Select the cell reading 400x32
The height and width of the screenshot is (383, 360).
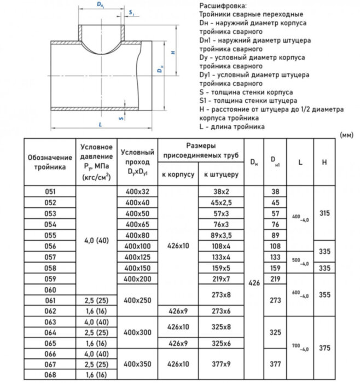click(x=137, y=192)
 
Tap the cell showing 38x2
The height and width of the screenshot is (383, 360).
click(x=220, y=192)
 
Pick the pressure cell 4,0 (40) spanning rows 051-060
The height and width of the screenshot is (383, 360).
click(x=96, y=240)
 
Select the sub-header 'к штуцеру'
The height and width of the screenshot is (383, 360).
click(x=220, y=175)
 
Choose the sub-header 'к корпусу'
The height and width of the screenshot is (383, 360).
click(x=178, y=175)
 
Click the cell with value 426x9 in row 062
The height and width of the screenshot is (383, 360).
click(x=178, y=311)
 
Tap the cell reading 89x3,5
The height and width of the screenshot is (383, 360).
click(x=220, y=235)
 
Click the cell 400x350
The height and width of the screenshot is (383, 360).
click(x=137, y=364)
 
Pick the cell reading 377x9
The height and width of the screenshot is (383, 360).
click(x=220, y=364)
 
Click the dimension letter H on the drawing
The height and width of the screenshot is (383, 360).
click(x=172, y=53)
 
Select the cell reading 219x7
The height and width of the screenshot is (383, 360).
click(x=220, y=278)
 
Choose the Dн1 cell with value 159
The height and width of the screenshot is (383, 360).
click(x=275, y=268)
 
